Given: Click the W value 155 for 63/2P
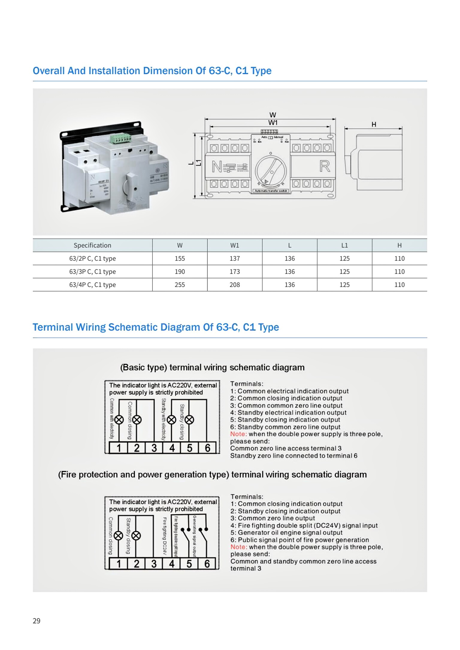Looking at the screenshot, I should [x=180, y=259].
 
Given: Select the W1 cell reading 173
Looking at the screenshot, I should [x=235, y=272].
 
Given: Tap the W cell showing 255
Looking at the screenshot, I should [x=180, y=285].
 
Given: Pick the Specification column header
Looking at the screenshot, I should [x=92, y=245].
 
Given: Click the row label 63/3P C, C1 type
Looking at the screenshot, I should [x=92, y=272].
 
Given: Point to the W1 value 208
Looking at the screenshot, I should [x=235, y=285].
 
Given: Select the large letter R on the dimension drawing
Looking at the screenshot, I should [x=325, y=166].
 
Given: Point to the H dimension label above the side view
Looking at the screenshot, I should [x=374, y=124].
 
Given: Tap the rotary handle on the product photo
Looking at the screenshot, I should [x=132, y=187].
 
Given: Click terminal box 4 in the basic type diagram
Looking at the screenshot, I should [x=172, y=448].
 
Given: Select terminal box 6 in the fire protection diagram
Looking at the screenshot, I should [x=207, y=564].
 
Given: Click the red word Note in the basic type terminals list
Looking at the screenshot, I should [x=238, y=434].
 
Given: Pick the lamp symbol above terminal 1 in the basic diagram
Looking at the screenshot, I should [x=119, y=420].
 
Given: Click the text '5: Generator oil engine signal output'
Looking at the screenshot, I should [x=286, y=533].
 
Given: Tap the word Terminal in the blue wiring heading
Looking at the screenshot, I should [x=52, y=327].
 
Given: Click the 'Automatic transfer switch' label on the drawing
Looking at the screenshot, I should [x=271, y=191].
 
